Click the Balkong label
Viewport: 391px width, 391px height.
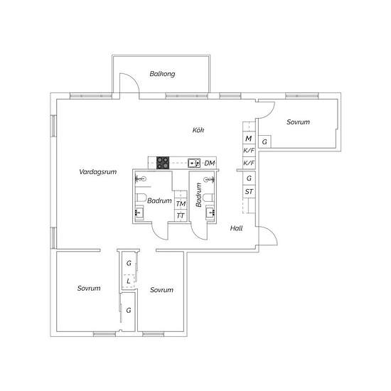coord(162,74)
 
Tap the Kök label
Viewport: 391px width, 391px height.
coord(198,130)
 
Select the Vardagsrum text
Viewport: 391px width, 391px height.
coord(98,172)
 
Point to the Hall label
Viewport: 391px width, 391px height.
coord(236,228)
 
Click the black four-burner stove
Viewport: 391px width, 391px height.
coord(163,163)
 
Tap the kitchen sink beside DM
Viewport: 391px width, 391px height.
coord(194,163)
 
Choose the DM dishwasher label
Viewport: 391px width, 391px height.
coord(210,163)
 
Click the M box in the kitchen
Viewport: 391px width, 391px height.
coord(249,139)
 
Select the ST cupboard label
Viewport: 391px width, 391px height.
coord(249,191)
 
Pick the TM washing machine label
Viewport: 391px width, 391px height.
coord(181,204)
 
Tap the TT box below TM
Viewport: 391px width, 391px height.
coord(181,216)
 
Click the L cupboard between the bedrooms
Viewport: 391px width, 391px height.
coord(129,282)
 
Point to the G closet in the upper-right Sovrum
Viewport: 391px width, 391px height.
coord(264,141)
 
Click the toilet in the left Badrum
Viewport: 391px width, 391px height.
coord(141,198)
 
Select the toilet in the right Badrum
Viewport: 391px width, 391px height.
coord(208,198)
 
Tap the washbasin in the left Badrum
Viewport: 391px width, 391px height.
coord(139,213)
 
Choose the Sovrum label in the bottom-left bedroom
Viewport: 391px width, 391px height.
coord(89,288)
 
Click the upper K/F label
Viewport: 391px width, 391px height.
coord(249,151)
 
